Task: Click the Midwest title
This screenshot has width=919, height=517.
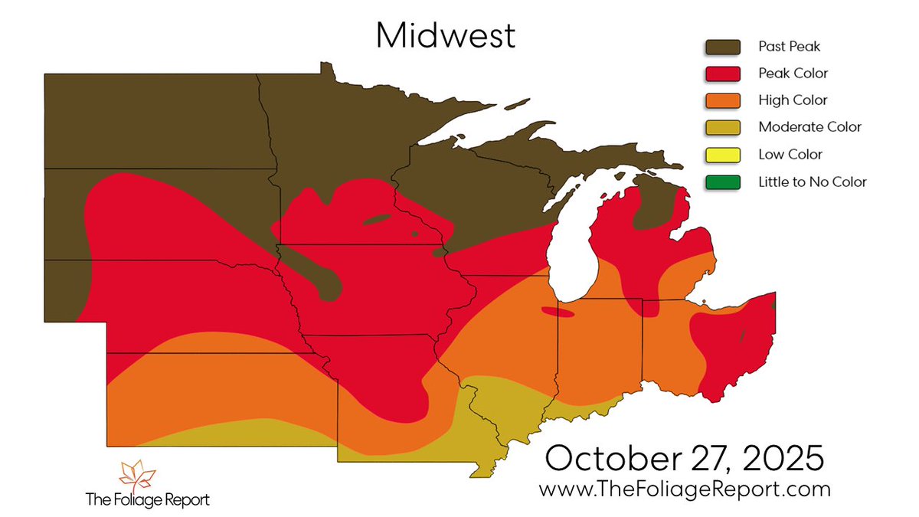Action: (445, 35)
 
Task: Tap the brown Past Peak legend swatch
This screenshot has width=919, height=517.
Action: (723, 47)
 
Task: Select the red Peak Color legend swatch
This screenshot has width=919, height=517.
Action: (723, 74)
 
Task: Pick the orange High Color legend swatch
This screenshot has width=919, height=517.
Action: (723, 100)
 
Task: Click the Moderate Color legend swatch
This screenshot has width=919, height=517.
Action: (723, 127)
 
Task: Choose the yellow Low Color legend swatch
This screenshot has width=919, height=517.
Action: (723, 155)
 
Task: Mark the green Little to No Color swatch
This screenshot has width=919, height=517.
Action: (723, 182)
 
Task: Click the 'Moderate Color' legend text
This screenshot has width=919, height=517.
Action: (809, 127)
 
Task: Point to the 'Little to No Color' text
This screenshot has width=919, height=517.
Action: (812, 182)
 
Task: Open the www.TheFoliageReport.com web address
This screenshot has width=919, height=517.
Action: (684, 488)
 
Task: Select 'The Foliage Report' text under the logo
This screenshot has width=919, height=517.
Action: (146, 500)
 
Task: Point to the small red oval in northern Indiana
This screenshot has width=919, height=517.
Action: (557, 312)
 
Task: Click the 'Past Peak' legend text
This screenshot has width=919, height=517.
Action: (789, 47)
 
